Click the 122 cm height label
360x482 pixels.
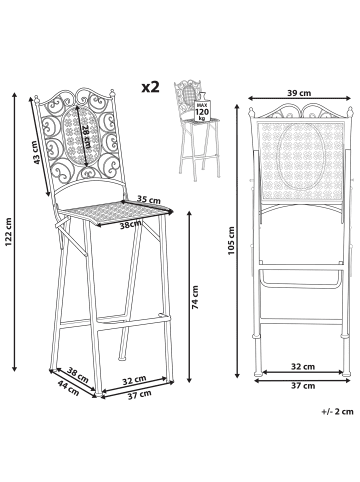[8, 233]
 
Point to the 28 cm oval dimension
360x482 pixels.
[86, 137]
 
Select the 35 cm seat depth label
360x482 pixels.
[149, 199]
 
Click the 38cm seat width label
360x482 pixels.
[131, 225]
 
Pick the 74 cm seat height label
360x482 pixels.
[196, 297]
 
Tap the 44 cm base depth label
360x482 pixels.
[69, 388]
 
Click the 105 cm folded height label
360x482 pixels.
[231, 241]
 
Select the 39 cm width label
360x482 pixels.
[299, 93]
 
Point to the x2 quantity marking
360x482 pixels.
[151, 87]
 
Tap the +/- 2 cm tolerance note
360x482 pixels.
[337, 411]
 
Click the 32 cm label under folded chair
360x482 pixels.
[303, 367]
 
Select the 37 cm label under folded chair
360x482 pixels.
[303, 386]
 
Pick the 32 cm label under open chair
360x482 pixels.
[134, 380]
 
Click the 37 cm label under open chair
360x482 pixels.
[140, 395]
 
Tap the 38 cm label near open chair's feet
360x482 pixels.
[78, 375]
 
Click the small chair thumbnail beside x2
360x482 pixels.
[197, 130]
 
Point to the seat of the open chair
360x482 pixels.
[116, 213]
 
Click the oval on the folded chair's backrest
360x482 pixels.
[301, 157]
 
